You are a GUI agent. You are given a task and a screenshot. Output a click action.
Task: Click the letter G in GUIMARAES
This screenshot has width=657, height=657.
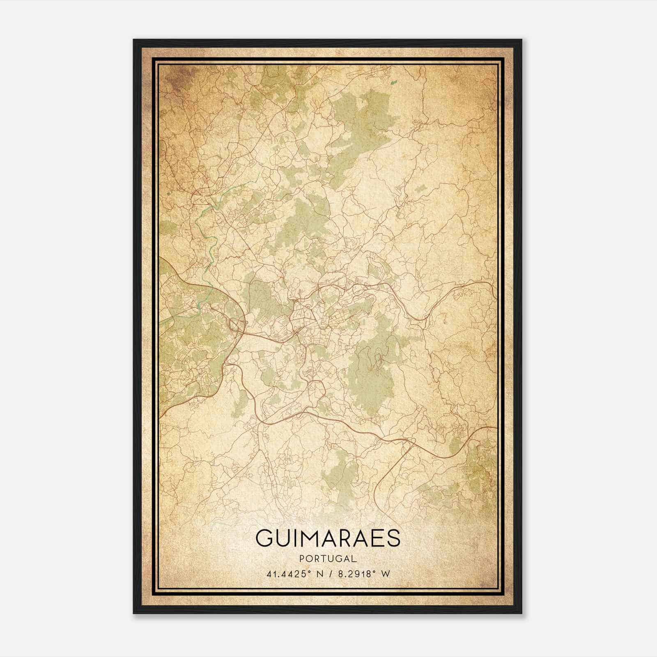pyautogui.click(x=264, y=538)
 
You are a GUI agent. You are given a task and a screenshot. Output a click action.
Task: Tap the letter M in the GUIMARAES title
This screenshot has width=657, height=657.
pyautogui.click(x=309, y=538)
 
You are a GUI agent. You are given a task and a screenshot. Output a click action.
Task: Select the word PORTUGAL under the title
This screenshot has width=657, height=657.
pyautogui.click(x=327, y=558)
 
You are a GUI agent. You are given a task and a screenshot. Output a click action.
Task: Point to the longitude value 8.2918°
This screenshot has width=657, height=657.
pyautogui.click(x=358, y=574)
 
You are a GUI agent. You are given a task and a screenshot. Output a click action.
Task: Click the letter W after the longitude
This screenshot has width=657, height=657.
pyautogui.click(x=385, y=574)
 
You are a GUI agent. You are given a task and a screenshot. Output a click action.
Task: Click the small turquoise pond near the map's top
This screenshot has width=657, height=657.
pyautogui.click(x=395, y=83)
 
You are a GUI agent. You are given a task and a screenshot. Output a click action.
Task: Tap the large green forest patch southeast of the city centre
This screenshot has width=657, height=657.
pyautogui.click(x=372, y=370)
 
